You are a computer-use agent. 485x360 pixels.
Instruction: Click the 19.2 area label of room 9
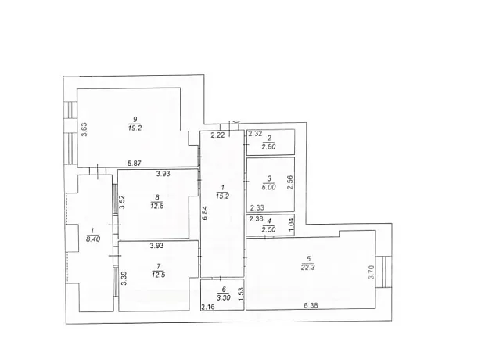[135, 128]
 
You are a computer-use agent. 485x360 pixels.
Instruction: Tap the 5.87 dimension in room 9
[135, 164]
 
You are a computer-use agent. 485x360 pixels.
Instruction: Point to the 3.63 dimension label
[84, 130]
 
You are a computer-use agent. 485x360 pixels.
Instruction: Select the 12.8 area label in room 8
[157, 206]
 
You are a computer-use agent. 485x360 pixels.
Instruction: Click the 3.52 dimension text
[122, 202]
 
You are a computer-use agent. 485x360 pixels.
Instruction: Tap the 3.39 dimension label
[124, 279]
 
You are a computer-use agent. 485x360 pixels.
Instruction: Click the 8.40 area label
[93, 239]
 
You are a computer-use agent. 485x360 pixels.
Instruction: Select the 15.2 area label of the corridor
[222, 196]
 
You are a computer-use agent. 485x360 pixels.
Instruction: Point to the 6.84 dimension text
[205, 213]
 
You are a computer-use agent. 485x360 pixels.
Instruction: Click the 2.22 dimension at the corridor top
[217, 135]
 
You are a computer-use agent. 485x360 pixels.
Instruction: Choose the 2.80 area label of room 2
[268, 146]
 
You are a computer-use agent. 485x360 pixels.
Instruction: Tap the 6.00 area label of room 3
[269, 187]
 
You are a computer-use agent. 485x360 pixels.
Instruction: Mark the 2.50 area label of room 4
[268, 229]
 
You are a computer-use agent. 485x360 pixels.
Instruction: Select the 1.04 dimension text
[290, 222]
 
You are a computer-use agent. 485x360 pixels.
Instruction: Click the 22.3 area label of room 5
[307, 268]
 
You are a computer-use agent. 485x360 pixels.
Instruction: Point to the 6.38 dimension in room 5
[311, 306]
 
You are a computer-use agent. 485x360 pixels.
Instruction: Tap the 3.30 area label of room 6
[223, 298]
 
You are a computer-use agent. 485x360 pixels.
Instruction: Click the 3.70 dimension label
[372, 272]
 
